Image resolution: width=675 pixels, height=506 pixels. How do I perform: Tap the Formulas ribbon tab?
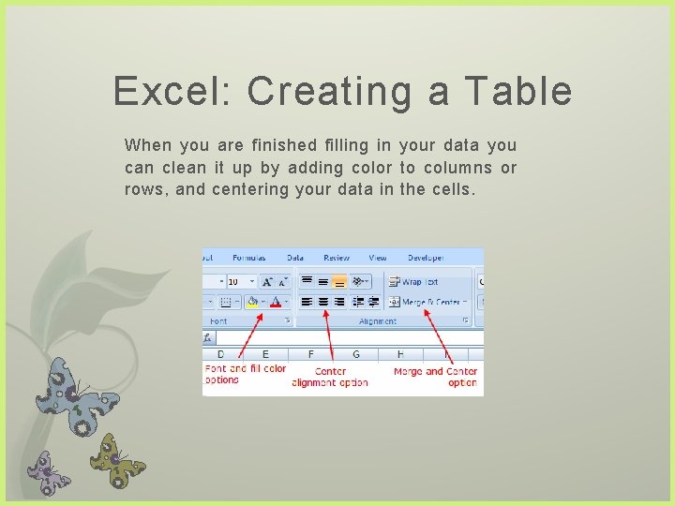click(249, 258)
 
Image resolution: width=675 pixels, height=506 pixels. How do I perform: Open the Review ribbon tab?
click(336, 258)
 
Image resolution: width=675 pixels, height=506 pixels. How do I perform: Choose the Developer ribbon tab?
click(426, 258)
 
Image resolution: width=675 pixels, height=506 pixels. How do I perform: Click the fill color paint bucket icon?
click(251, 302)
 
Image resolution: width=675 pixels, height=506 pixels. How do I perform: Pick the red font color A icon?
click(276, 302)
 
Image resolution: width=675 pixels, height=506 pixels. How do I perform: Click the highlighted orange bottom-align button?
click(338, 281)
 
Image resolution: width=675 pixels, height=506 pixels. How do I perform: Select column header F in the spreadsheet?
click(311, 354)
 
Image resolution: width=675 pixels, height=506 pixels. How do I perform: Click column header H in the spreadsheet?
click(400, 354)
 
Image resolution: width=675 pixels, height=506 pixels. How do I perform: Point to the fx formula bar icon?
click(210, 337)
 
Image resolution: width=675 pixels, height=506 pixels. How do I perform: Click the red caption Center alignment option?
click(330, 377)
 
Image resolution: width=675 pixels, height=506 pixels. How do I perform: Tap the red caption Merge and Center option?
click(435, 377)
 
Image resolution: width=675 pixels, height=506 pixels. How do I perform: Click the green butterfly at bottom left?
click(117, 458)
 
